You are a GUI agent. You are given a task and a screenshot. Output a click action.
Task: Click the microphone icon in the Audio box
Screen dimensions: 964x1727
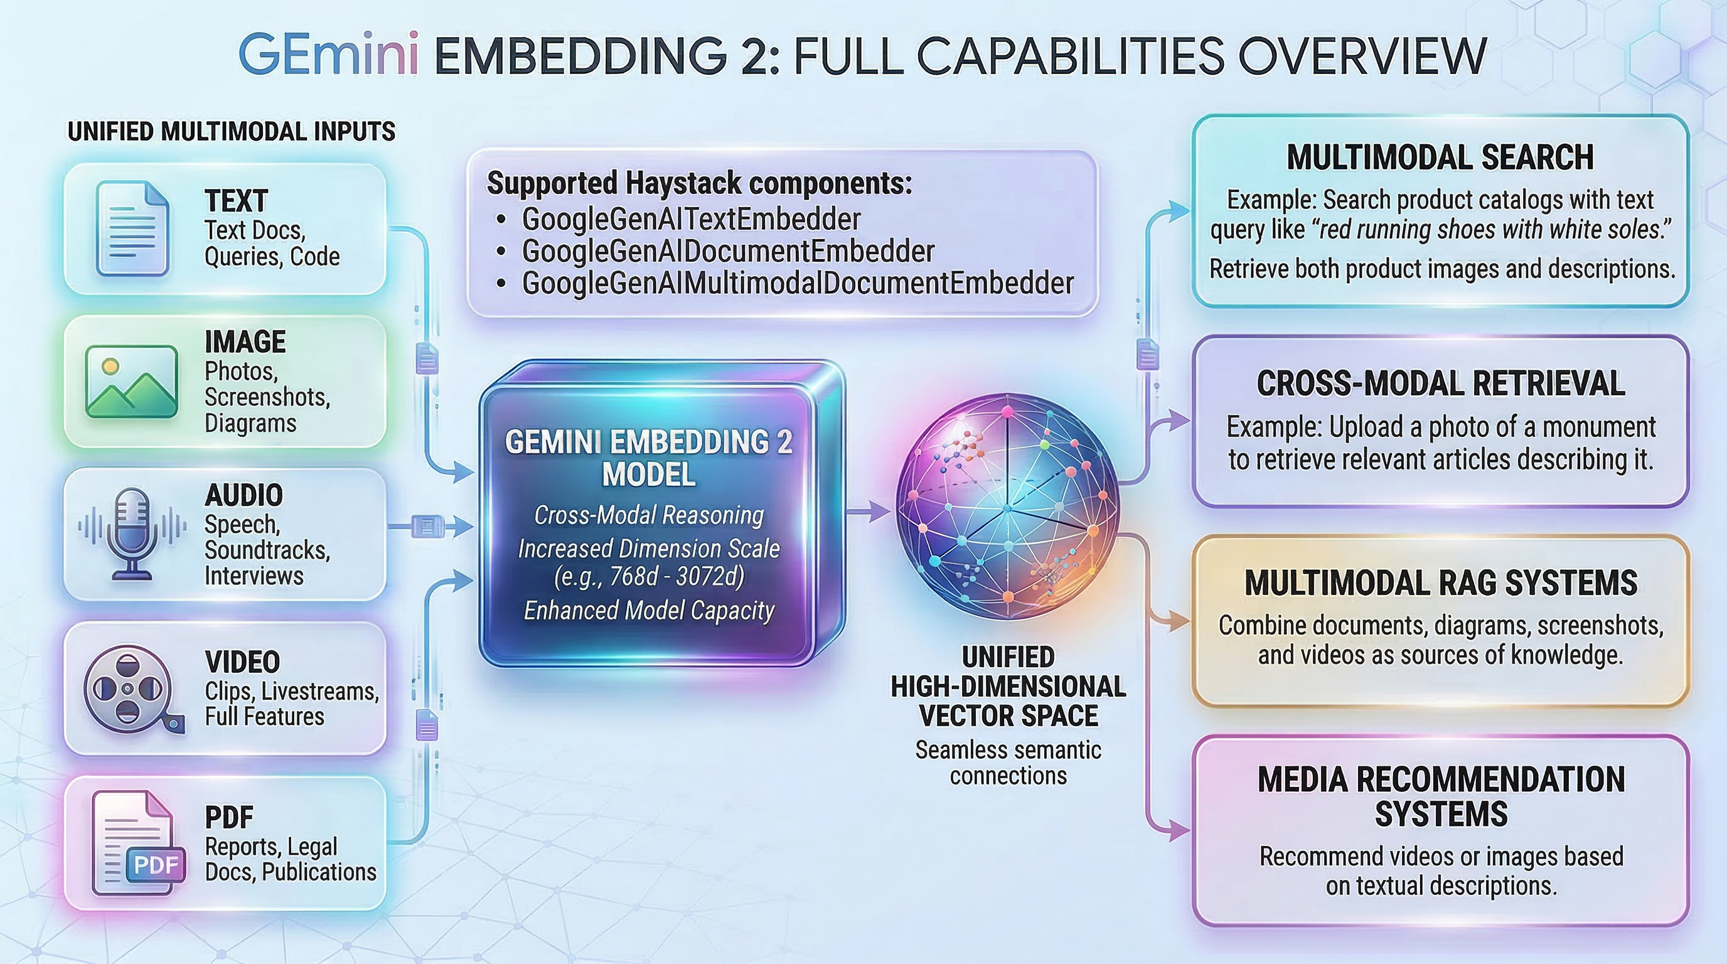point(131,533)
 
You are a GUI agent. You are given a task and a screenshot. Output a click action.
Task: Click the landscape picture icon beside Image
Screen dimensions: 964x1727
point(131,381)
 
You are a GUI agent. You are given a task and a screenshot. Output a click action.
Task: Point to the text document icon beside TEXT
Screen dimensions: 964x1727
point(132,228)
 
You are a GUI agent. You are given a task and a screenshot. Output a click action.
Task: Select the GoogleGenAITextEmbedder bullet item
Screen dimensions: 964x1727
point(690,219)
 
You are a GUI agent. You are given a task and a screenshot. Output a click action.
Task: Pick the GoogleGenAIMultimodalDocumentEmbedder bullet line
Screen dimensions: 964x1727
point(797,284)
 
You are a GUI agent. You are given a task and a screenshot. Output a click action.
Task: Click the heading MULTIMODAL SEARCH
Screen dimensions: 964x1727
point(1440,158)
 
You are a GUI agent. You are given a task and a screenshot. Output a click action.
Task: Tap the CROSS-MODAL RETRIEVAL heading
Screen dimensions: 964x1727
point(1440,384)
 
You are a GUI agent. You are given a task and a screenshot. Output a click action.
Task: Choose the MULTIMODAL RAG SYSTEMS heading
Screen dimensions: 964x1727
point(1440,582)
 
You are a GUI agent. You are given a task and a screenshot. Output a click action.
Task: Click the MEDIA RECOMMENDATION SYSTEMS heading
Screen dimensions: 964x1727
point(1441,796)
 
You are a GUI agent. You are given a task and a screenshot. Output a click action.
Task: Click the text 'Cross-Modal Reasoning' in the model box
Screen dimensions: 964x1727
point(648,515)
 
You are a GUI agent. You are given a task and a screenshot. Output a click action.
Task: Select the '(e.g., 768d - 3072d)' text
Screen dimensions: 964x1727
point(648,577)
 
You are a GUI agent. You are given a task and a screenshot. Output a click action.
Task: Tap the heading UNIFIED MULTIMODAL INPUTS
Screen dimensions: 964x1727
point(232,131)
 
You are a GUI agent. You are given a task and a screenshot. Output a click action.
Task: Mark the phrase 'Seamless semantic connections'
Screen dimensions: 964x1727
point(1008,762)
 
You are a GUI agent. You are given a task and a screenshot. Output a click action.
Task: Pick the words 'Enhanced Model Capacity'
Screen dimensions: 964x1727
point(648,611)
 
